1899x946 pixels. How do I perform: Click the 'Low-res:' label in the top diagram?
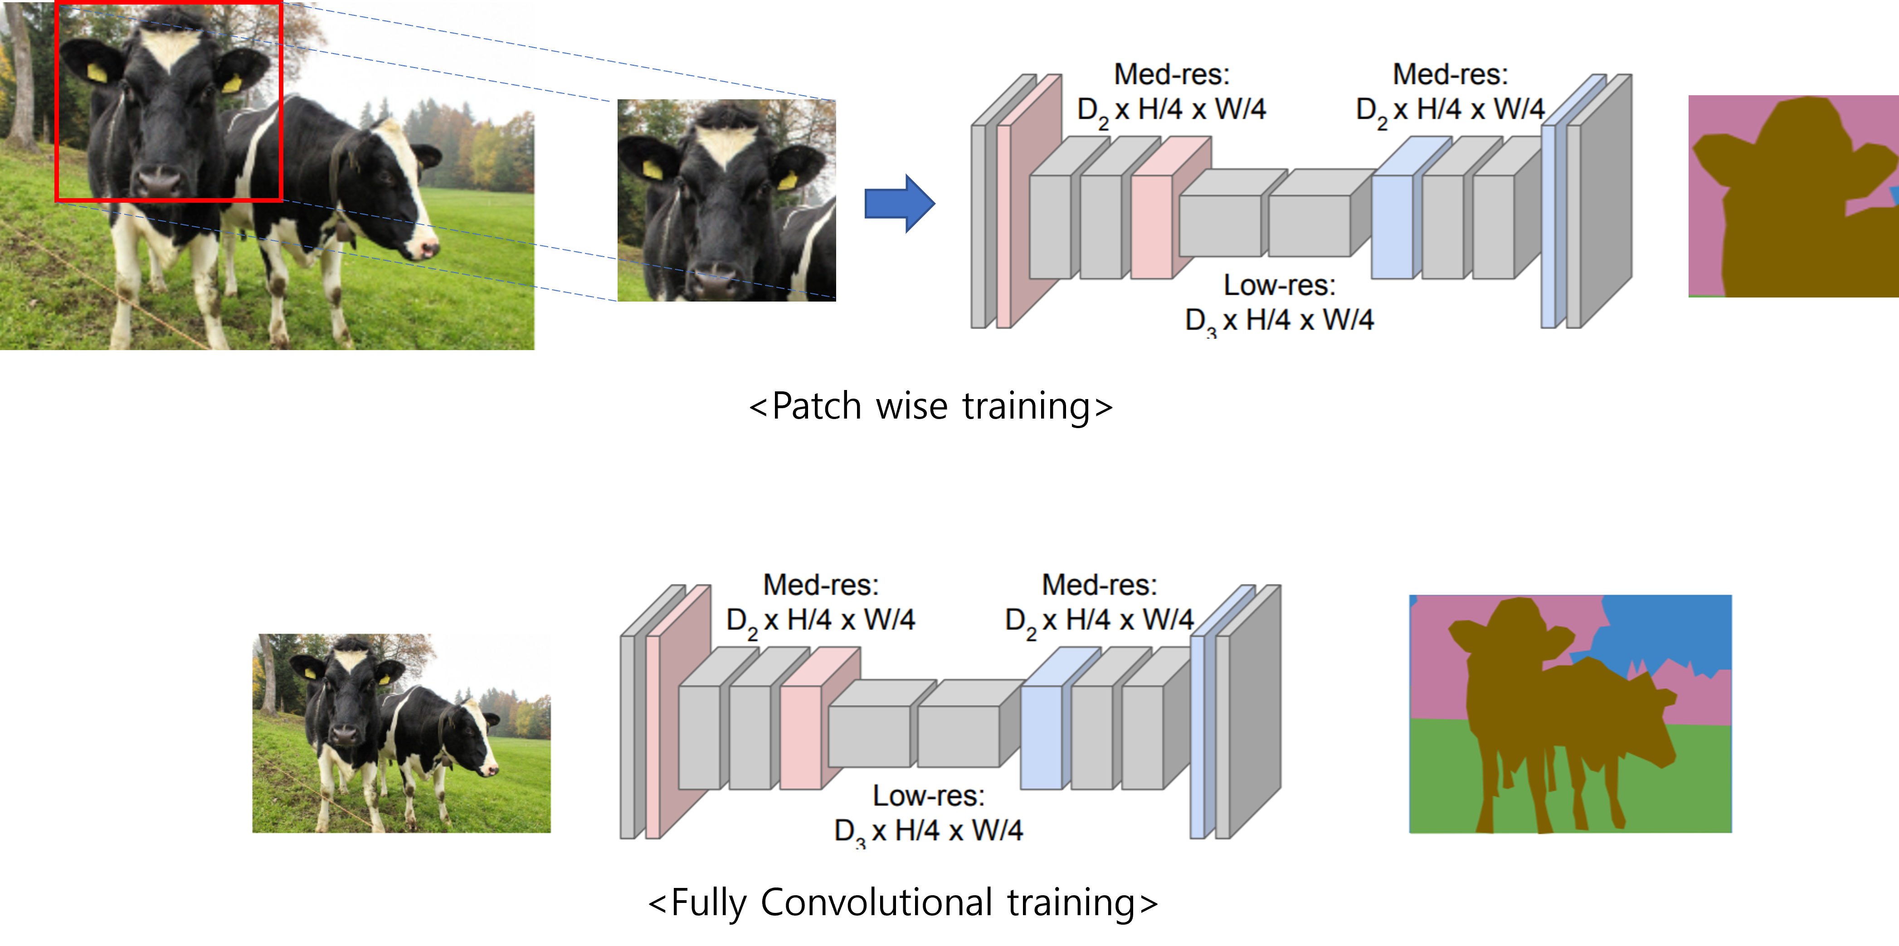[1279, 285]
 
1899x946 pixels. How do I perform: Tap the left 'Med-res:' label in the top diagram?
[1171, 74]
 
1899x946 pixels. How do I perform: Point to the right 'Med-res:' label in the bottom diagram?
[1099, 585]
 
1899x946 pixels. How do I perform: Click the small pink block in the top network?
[1151, 226]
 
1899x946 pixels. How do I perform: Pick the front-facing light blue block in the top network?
[1392, 226]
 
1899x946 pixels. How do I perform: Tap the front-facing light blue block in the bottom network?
[1041, 736]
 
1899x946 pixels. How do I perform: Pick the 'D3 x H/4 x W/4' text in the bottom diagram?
[928, 831]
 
